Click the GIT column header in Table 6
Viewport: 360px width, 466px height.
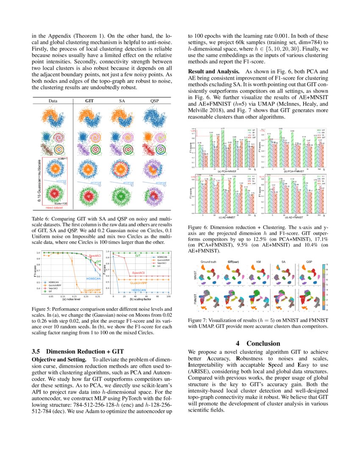tap(89, 101)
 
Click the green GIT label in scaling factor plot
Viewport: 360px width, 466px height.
tap(138, 256)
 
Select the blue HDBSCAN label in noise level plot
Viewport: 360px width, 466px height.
tap(93, 278)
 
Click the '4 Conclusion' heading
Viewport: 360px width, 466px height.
tap(258, 343)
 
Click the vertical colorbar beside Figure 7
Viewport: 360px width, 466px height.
tap(324, 288)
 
